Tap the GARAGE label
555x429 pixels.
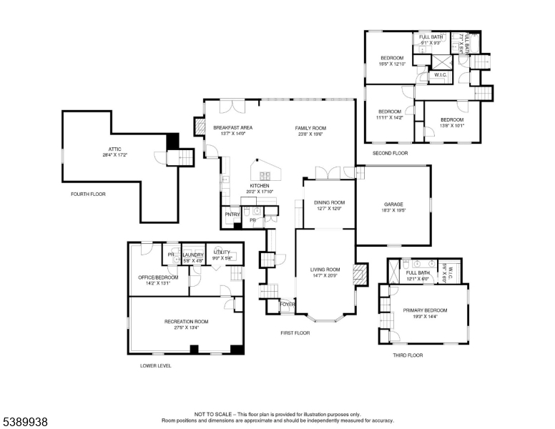click(x=393, y=204)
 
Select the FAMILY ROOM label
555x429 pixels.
click(x=310, y=128)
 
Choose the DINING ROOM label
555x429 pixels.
click(x=328, y=202)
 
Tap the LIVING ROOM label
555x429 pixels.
click(x=325, y=270)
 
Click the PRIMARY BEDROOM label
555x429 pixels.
click(x=425, y=310)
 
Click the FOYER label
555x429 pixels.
click(x=287, y=304)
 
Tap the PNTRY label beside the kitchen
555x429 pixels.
click(x=232, y=214)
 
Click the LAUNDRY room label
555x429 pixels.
click(x=193, y=255)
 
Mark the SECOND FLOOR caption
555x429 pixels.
click(x=390, y=153)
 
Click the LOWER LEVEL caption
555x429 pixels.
click(x=155, y=365)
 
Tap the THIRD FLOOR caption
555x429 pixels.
click(x=408, y=355)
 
